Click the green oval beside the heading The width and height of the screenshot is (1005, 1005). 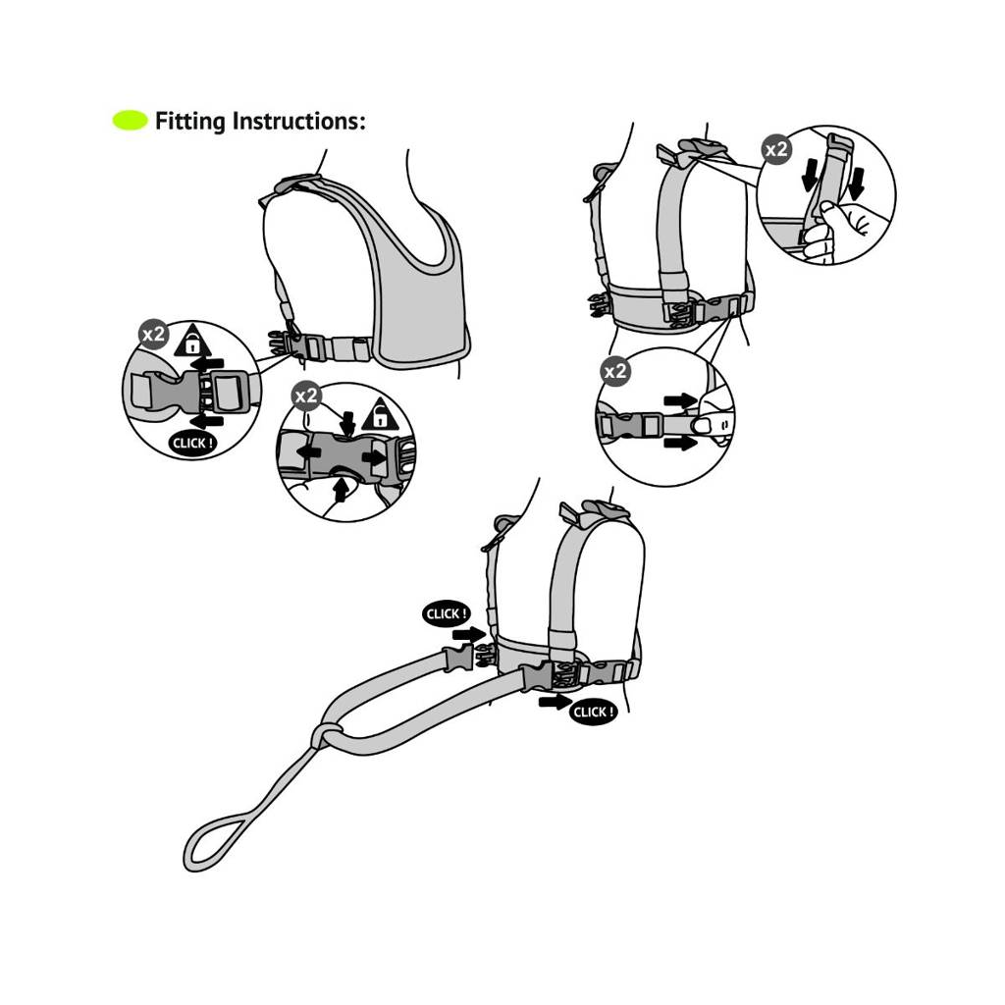point(131,121)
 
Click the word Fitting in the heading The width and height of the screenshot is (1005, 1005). point(189,121)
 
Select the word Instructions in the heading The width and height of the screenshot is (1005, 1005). point(298,121)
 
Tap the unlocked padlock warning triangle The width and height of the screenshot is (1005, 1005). point(380,415)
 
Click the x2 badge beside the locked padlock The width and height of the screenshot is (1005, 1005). point(154,334)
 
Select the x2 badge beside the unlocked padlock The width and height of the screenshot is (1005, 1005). point(306,396)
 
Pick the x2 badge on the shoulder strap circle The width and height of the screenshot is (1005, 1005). point(776,149)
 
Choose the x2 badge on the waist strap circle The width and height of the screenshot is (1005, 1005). point(615,371)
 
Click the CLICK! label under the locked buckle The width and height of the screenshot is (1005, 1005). point(192,443)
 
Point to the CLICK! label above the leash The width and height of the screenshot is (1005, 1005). point(447,614)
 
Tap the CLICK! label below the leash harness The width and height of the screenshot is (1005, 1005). point(593,713)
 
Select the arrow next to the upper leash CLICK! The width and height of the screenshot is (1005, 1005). point(468,635)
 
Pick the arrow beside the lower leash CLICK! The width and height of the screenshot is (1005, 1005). point(555,702)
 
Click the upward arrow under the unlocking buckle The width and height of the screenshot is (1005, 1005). point(342,491)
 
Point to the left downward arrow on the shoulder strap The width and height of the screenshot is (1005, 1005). point(810,176)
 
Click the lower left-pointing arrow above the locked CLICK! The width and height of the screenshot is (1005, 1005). point(208,422)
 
